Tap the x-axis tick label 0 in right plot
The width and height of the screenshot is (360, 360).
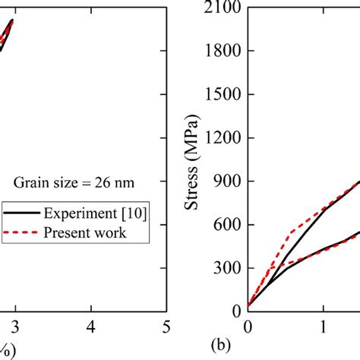248,327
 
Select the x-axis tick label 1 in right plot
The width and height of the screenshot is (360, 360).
324,327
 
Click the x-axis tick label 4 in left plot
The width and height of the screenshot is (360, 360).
91,327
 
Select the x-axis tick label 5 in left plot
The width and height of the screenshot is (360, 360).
166,327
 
